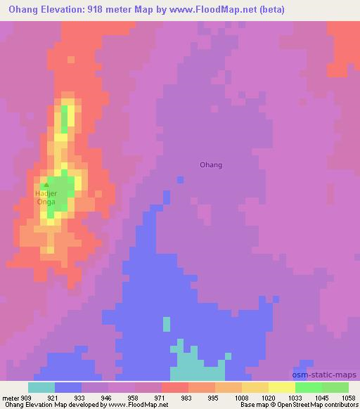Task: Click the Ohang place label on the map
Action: click(211, 165)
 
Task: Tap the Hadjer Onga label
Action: click(46, 197)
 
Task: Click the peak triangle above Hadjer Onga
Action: click(46, 186)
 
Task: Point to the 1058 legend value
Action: click(349, 397)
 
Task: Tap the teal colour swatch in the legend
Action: click(41, 387)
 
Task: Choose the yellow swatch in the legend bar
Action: click(282, 387)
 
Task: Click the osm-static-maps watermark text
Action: click(326, 375)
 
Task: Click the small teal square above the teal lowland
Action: click(167, 323)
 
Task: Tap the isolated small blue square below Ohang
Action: click(181, 180)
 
